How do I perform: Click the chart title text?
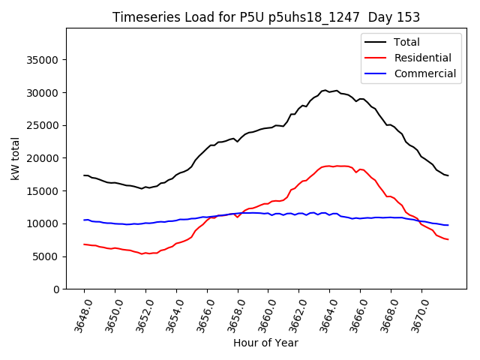click(265, 17)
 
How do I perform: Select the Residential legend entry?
click(422, 58)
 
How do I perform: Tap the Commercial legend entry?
click(424, 73)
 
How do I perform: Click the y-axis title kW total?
click(15, 158)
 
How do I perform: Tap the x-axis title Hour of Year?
click(265, 343)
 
